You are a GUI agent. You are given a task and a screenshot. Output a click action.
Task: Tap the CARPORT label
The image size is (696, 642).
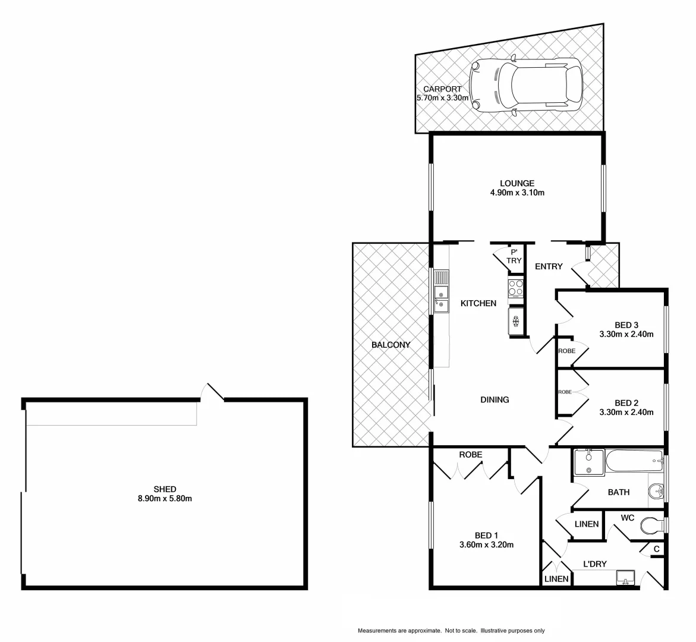coord(442,89)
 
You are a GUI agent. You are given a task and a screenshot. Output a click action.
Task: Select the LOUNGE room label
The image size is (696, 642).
coord(517,183)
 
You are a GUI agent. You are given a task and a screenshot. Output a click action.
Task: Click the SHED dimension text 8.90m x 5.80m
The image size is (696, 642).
coord(165,499)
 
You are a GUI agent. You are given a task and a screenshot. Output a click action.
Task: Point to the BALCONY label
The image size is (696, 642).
coord(390,345)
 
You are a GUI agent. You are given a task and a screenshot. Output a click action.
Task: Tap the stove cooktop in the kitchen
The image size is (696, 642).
coord(515,288)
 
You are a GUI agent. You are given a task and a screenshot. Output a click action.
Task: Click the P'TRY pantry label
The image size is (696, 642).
coord(514,256)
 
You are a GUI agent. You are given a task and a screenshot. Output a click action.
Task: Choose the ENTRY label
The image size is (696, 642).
coord(548,266)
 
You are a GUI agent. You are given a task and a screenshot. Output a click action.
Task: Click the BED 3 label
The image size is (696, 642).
coord(626,325)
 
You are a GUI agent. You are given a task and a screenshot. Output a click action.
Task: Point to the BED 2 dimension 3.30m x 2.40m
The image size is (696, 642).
coord(626,412)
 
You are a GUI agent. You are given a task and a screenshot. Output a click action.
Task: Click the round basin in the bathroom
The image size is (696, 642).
coord(656,492)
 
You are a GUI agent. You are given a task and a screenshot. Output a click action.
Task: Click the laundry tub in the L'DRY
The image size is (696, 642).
coord(625,577)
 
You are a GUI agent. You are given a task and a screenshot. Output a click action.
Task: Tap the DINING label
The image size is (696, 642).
coord(495,399)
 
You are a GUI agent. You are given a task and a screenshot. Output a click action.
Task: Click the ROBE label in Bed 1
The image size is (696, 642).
coord(470,455)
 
